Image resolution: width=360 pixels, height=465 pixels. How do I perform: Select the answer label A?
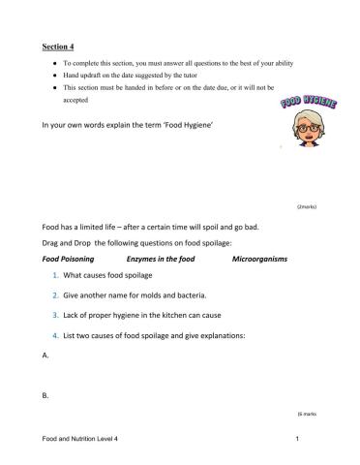46,356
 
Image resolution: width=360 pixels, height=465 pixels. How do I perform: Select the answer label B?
46,395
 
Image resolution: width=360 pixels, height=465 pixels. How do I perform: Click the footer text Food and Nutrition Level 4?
86,440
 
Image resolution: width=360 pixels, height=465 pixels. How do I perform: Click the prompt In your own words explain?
124,126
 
